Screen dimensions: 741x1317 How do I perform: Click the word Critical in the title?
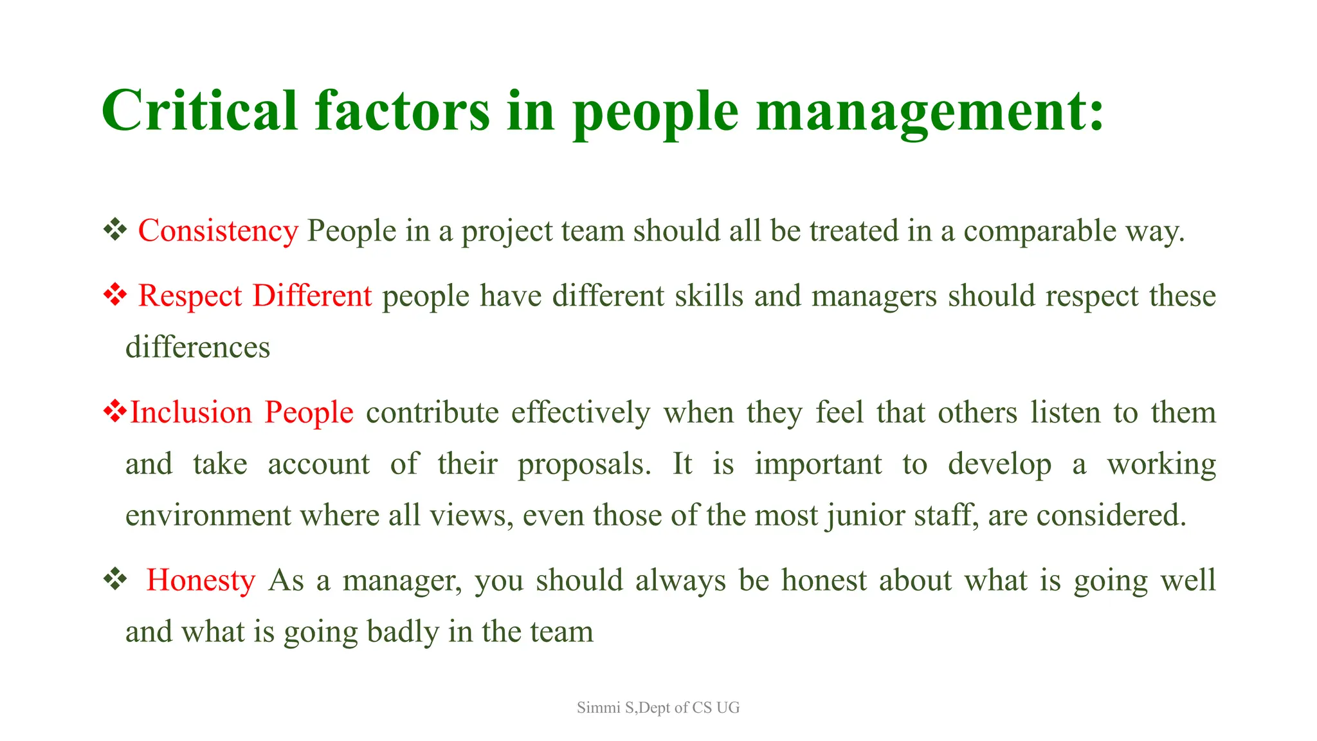tap(199, 111)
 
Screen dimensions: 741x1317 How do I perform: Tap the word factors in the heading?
tap(403, 111)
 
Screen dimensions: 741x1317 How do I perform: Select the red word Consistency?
tap(218, 231)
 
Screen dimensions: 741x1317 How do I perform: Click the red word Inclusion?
tap(191, 412)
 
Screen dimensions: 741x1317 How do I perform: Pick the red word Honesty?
tap(201, 580)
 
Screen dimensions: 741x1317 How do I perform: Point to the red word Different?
tap(312, 296)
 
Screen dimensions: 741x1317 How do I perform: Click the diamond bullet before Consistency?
tap(114, 230)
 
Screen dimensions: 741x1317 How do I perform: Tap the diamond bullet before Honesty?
tap(114, 580)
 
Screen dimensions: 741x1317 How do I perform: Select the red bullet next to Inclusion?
tap(114, 412)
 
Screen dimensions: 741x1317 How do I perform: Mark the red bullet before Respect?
tap(114, 295)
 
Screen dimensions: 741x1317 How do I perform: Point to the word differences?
tap(197, 347)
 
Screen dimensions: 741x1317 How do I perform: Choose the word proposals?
tap(584, 464)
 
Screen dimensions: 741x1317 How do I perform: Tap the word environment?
tap(208, 515)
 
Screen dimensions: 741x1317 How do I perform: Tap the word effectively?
tap(581, 412)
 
